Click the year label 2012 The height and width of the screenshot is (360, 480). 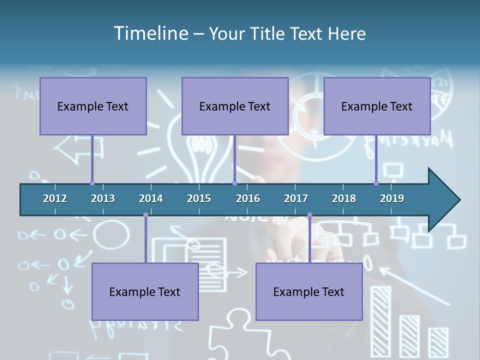(55, 198)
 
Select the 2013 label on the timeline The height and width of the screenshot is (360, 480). (103, 198)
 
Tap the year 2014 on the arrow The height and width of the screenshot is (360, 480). (151, 198)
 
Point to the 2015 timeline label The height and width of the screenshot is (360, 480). (199, 198)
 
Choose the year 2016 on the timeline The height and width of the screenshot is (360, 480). (248, 198)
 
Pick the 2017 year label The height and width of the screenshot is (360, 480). (296, 198)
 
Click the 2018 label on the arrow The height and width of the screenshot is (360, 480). (344, 198)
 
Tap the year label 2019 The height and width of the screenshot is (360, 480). (392, 198)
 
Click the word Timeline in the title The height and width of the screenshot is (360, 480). (150, 33)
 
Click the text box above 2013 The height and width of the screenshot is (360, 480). (93, 106)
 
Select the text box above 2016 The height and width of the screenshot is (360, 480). (235, 106)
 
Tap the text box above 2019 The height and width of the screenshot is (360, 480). (377, 106)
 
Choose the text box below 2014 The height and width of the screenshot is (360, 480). (145, 291)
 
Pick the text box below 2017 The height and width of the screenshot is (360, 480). (309, 291)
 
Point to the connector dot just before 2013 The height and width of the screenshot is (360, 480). (92, 183)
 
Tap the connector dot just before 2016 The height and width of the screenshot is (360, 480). (234, 183)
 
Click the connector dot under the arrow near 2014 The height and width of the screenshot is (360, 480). (145, 215)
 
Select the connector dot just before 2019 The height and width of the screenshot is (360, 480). (376, 183)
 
